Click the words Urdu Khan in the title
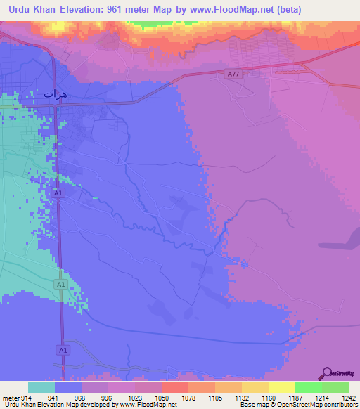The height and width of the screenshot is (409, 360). pos(36,10)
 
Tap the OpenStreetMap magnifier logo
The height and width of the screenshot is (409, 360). pos(325,373)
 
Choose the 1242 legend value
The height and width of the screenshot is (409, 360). pos(340,398)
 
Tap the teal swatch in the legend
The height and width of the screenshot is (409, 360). pos(41,387)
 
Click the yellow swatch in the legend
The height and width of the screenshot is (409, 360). pos(281,387)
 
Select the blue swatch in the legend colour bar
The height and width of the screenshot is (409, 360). pos(67,387)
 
